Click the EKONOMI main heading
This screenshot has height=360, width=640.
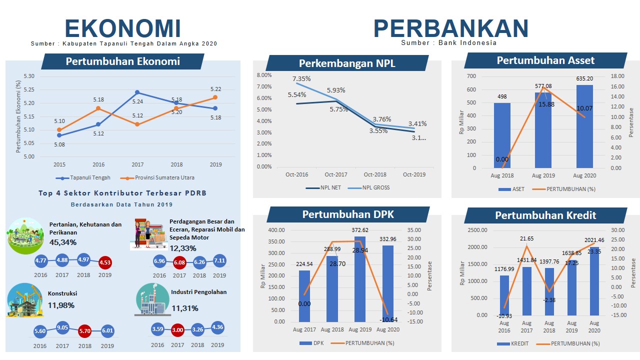[x=122, y=28]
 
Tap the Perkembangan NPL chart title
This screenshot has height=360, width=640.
[x=347, y=63]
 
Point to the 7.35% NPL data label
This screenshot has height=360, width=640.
[x=301, y=79]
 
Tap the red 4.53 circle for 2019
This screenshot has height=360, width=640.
[x=105, y=262]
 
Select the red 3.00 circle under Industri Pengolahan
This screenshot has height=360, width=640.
[x=177, y=330]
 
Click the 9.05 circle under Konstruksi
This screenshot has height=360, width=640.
[x=62, y=328]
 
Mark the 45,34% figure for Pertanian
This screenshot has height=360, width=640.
[x=63, y=242]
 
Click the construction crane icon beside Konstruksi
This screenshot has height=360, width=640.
[x=24, y=300]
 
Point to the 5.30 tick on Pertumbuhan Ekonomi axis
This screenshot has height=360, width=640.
[x=29, y=76]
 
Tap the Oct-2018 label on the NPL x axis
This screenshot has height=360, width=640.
[x=375, y=174]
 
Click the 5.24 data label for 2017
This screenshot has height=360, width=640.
[x=137, y=101]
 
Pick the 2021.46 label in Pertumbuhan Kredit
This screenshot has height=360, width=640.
[x=594, y=240]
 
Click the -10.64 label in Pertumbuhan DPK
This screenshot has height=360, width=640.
[x=388, y=319]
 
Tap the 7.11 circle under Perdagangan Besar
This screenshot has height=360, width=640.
[x=219, y=260]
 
